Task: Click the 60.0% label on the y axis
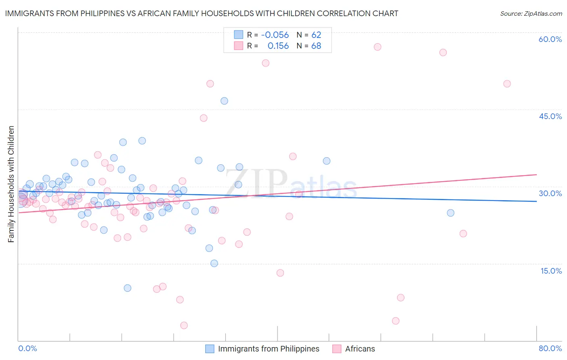(x=550, y=39)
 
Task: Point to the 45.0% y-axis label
(x=550, y=116)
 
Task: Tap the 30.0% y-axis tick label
(x=550, y=193)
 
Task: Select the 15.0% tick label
(x=551, y=271)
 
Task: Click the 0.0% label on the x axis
(x=27, y=348)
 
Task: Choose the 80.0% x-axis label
(x=550, y=348)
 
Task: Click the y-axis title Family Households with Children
(x=11, y=184)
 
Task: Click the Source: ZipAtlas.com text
(x=531, y=13)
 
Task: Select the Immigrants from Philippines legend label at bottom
(x=269, y=349)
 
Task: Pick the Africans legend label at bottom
(x=360, y=349)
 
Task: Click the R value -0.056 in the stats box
(x=275, y=35)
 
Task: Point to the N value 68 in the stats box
(x=316, y=46)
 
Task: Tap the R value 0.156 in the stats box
(x=278, y=46)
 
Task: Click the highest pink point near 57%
(x=377, y=47)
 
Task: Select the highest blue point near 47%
(x=224, y=101)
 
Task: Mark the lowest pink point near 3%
(x=184, y=325)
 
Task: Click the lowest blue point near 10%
(x=127, y=288)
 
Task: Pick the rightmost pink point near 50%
(x=507, y=84)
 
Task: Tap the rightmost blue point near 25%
(x=450, y=213)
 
